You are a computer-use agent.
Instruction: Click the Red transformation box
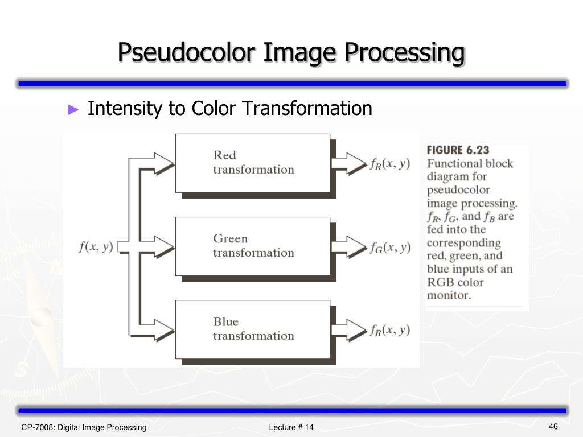coord(252,163)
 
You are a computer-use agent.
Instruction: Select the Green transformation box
coord(252,246)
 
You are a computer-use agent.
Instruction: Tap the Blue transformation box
coord(252,329)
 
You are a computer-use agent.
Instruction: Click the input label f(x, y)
coord(96,247)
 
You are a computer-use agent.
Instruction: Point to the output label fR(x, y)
coord(390,163)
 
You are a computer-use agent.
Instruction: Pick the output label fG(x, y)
coord(390,247)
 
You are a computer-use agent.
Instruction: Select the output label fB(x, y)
coord(390,330)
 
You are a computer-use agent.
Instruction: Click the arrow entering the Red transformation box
coord(162,163)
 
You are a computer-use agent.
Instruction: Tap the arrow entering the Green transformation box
coord(162,246)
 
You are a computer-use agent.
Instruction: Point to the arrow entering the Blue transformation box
coord(162,329)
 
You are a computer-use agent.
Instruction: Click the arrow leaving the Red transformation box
coord(348,163)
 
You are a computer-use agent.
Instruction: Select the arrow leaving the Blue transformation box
coord(348,329)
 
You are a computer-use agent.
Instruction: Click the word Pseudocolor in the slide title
coord(183,52)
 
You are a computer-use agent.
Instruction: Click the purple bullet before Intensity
coord(72,109)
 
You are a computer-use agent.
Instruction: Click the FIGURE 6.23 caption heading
coord(458,150)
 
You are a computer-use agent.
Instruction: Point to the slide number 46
coord(553,427)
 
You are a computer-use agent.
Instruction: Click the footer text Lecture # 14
coord(291,427)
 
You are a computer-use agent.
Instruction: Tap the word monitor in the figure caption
coord(449,295)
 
